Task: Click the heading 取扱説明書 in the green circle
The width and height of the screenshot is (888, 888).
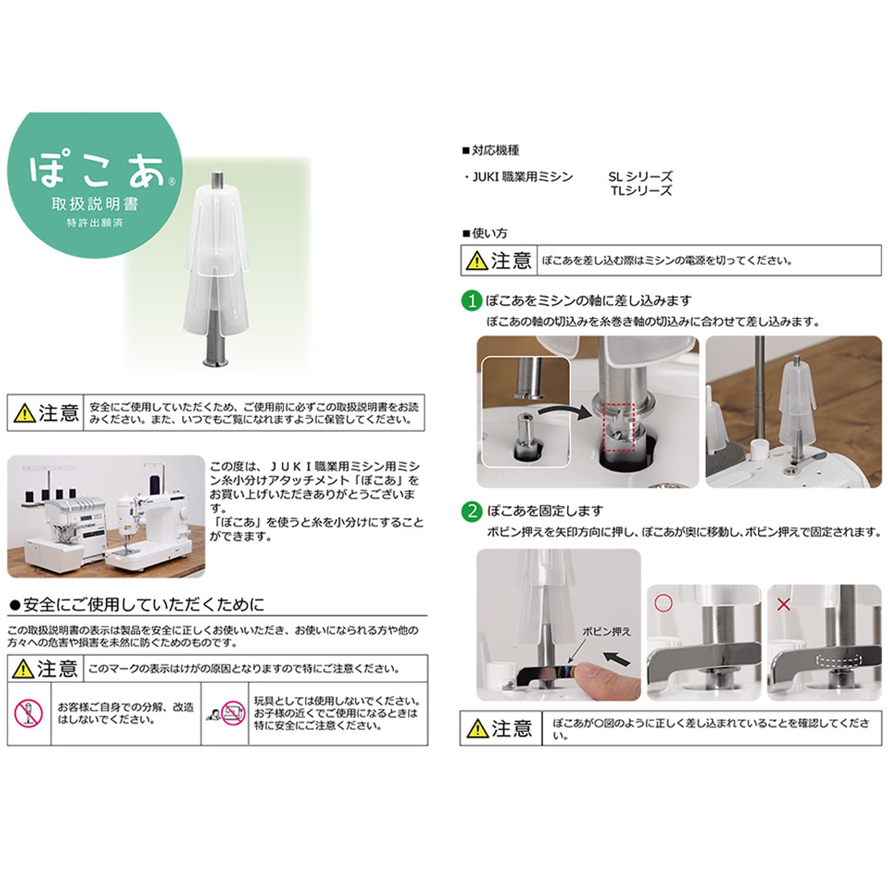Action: coord(95,204)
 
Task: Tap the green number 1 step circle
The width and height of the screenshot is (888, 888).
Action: coord(472,301)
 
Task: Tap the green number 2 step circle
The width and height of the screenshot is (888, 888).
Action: coord(472,511)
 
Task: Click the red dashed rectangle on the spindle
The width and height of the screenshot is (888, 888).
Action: coord(618,427)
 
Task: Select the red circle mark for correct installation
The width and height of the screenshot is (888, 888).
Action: coord(664,603)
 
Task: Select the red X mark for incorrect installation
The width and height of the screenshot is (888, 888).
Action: coord(783,604)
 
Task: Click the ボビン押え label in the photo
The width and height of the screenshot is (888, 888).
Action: coord(606,632)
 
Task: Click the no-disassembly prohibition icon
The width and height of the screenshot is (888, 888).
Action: coord(28,713)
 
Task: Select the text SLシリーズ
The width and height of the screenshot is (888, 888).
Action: coord(641,176)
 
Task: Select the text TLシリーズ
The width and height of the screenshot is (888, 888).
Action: coord(642,191)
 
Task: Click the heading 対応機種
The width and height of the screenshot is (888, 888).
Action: coord(491,150)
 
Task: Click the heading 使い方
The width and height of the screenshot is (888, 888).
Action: coord(485,233)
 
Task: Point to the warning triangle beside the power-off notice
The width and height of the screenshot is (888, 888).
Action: coord(477,261)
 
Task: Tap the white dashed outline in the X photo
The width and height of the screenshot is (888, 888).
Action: coord(839,660)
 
